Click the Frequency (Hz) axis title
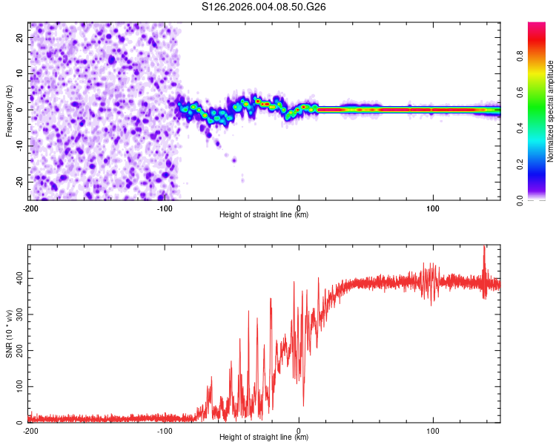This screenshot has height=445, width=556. pos(9,111)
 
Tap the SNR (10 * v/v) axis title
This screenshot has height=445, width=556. pos(9,334)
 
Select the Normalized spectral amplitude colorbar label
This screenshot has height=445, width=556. pos(551,111)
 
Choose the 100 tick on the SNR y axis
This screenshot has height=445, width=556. pos(18,386)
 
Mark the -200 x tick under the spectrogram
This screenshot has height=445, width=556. pos(30,207)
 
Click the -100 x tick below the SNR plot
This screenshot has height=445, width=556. pos(165,430)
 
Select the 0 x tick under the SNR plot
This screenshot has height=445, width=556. pos(299,430)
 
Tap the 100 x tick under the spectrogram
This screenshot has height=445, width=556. pos(433,207)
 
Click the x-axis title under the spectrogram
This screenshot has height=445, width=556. pos(264,215)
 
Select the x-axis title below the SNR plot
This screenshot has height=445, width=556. pos(264,438)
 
